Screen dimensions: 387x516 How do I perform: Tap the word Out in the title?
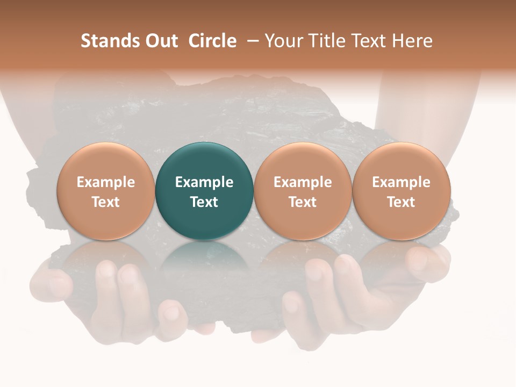click(160, 41)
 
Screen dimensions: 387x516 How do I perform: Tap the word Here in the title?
click(412, 41)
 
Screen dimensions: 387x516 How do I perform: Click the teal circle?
click(204, 191)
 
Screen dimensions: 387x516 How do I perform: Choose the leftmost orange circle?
click(106, 191)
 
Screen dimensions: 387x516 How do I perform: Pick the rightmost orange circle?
click(402, 191)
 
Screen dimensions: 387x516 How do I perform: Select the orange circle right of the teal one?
click(303, 191)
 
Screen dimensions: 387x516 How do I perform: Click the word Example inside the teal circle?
click(204, 182)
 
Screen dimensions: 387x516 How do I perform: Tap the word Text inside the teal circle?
click(204, 202)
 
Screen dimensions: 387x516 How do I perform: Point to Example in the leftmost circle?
click(106, 182)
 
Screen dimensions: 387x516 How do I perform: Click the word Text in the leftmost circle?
click(106, 202)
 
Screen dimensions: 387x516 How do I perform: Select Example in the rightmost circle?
click(402, 182)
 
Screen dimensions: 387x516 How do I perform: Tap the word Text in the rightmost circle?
click(402, 202)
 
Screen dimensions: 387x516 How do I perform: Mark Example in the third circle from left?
click(303, 182)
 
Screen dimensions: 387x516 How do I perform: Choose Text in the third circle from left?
click(303, 202)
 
